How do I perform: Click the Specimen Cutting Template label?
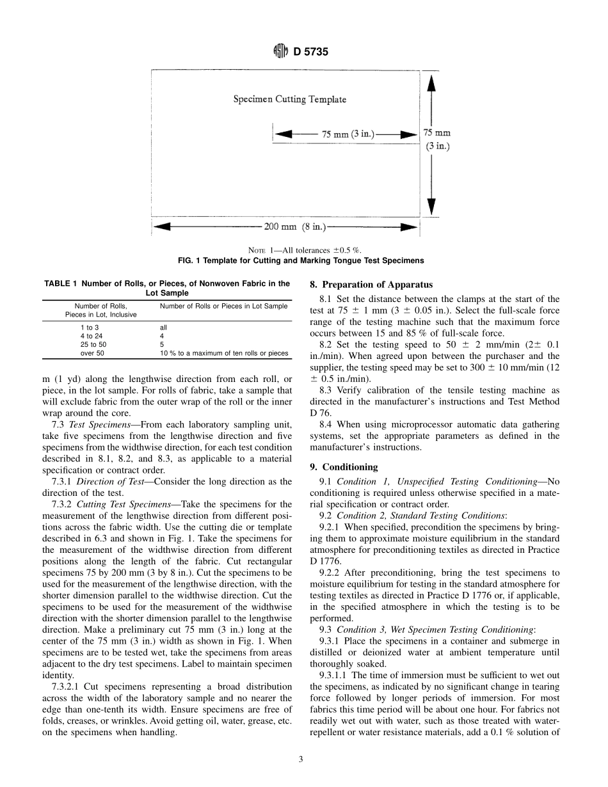289,99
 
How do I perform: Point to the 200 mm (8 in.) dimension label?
295,227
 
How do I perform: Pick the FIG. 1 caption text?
300,260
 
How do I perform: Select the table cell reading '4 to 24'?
91,335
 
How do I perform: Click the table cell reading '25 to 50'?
93,344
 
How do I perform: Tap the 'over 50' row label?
92,353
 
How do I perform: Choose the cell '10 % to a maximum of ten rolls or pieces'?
223,353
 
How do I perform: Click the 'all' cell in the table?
163,327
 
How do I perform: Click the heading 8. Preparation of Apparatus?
371,285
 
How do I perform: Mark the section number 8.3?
325,390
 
